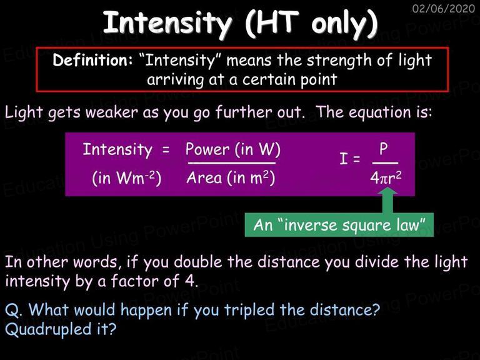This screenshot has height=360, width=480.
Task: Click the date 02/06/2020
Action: pyautogui.click(x=444, y=8)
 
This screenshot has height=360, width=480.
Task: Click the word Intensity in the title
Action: pyautogui.click(x=167, y=24)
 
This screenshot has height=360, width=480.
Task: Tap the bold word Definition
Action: pyautogui.click(x=92, y=60)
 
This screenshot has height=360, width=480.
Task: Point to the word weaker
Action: pyautogui.click(x=112, y=112)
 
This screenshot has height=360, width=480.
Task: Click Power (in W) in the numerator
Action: pyautogui.click(x=233, y=149)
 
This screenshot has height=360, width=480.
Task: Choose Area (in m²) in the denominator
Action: pyautogui.click(x=231, y=177)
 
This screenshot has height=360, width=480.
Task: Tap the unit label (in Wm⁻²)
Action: pyautogui.click(x=127, y=178)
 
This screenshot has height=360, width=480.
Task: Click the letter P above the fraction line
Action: pyautogui.click(x=384, y=149)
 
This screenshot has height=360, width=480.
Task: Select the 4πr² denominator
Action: pyautogui.click(x=386, y=177)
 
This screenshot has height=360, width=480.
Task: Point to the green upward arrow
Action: pyautogui.click(x=388, y=201)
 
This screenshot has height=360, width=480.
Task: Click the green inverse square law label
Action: pyautogui.click(x=339, y=225)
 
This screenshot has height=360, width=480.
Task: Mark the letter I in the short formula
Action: pyautogui.click(x=344, y=159)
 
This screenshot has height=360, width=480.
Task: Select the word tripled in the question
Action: pyautogui.click(x=249, y=311)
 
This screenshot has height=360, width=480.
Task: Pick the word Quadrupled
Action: pyautogui.click(x=48, y=330)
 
